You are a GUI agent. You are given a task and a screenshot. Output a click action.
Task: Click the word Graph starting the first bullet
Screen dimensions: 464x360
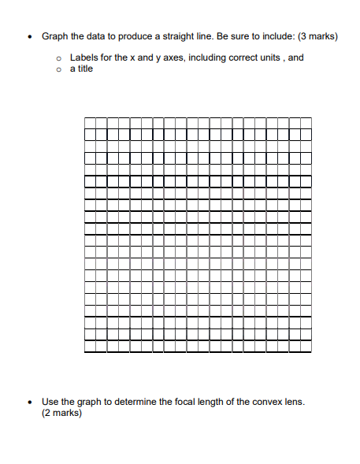point(54,36)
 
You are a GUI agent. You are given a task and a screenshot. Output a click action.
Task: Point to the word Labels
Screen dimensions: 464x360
point(84,58)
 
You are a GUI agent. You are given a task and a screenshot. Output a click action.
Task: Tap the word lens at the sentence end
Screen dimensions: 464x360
point(295,402)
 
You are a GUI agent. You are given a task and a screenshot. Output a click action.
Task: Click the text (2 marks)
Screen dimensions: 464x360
point(61,413)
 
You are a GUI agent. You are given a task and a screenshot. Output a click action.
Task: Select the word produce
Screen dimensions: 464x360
point(126,36)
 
